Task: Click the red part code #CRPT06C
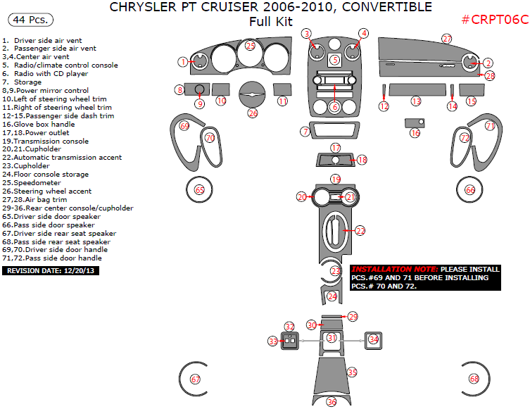[x=494, y=20]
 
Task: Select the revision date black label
[x=51, y=270]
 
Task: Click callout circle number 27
[x=447, y=39]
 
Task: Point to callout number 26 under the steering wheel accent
[x=253, y=113]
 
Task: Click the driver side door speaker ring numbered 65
[x=199, y=190]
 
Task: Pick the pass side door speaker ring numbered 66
[x=470, y=190]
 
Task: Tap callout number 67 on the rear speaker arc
[x=195, y=379]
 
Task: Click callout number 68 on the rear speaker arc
[x=474, y=379]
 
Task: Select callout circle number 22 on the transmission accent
[x=360, y=230]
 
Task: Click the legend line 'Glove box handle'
[x=44, y=125]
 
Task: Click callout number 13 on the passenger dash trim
[x=416, y=102]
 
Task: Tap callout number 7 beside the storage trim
[x=305, y=132]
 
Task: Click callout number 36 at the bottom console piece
[x=332, y=402]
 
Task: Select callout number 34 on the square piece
[x=374, y=339]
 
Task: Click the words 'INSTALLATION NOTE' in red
[x=393, y=270]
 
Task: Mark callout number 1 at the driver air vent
[x=183, y=62]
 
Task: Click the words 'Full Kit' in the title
[x=270, y=22]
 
